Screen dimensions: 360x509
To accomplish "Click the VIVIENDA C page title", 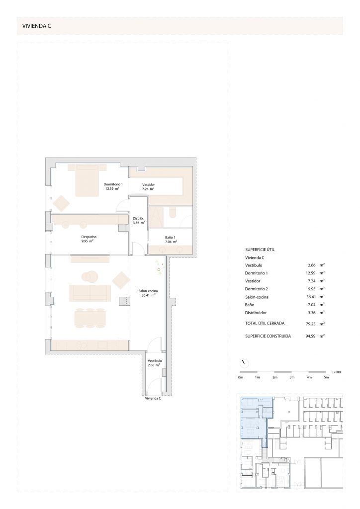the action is pyautogui.click(x=36, y=26).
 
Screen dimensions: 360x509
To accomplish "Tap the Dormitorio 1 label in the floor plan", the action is pyautogui.click(x=113, y=184).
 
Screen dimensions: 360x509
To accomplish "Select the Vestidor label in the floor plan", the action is pyautogui.click(x=148, y=185).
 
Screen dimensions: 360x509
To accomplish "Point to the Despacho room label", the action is pyautogui.click(x=89, y=237).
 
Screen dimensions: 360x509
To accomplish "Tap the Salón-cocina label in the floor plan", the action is pyautogui.click(x=148, y=291).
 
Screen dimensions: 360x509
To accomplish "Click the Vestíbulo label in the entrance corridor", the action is pyautogui.click(x=155, y=361).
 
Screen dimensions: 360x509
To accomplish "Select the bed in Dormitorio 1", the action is pyautogui.click(x=87, y=180).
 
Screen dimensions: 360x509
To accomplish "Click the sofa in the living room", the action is pyautogui.click(x=90, y=293).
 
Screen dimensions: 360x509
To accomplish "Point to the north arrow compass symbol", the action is pyautogui.click(x=244, y=363).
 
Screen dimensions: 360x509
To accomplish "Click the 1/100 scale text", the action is pyautogui.click(x=336, y=372).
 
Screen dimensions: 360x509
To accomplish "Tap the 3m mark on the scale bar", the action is pyautogui.click(x=292, y=377).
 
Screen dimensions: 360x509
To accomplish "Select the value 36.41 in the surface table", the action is pyautogui.click(x=311, y=297).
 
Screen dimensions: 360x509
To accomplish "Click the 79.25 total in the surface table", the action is pyautogui.click(x=311, y=324).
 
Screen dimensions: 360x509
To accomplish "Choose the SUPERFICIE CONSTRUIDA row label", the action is pyautogui.click(x=268, y=337).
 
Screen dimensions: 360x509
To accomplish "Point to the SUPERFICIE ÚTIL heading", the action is pyautogui.click(x=260, y=250).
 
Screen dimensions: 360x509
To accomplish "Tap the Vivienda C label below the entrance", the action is pyautogui.click(x=153, y=398).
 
